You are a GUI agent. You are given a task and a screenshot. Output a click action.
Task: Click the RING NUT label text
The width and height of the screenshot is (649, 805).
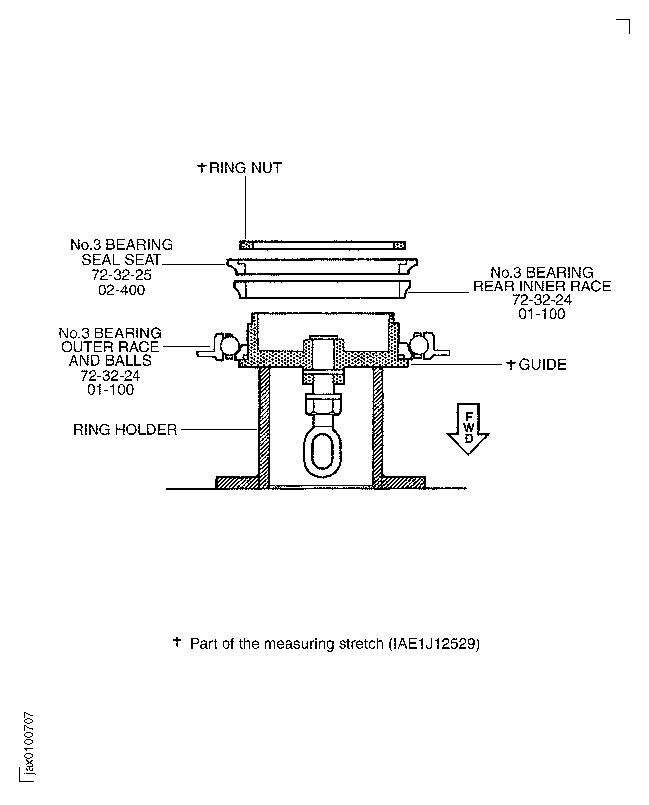pos(245,168)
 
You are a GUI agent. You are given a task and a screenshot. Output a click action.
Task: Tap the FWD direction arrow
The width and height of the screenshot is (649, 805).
pos(468,429)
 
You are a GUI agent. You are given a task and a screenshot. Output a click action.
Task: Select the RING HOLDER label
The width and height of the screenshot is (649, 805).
pos(125,429)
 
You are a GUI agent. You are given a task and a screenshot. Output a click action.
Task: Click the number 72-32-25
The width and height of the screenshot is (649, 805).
pos(121,275)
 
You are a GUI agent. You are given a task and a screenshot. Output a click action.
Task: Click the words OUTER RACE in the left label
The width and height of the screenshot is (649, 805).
pos(110,347)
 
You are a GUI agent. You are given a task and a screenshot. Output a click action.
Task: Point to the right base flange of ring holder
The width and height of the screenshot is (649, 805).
pos(404,482)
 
